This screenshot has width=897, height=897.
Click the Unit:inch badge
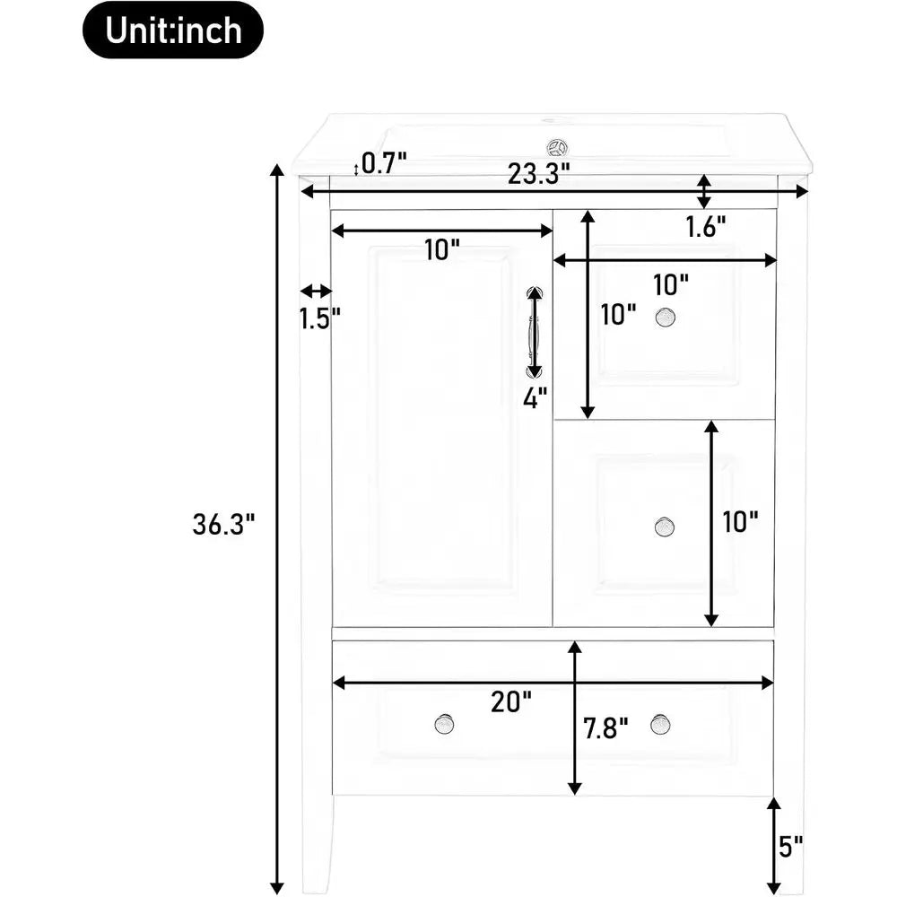click(173, 30)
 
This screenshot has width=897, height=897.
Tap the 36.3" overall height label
click(223, 524)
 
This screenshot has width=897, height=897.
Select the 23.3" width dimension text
click(539, 173)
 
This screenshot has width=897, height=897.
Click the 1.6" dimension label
click(706, 227)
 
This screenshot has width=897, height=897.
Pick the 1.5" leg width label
click(320, 318)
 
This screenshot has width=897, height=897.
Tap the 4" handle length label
click(536, 397)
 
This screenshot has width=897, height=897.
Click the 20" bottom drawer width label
click(511, 701)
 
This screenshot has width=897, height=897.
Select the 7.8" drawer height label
click(605, 728)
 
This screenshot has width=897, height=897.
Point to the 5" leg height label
click(790, 846)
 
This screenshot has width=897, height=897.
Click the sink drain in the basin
click(556, 148)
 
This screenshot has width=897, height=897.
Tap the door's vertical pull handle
click(535, 332)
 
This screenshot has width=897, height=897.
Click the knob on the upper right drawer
click(665, 318)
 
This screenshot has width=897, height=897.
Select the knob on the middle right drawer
click(665, 527)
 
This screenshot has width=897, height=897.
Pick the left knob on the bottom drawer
click(445, 725)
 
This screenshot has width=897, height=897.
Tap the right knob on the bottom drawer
click(661, 725)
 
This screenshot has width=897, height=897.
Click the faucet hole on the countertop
click(551, 121)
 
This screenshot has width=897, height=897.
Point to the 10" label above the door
click(442, 250)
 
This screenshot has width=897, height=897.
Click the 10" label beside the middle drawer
click(740, 521)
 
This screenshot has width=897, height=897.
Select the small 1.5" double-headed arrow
click(317, 292)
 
